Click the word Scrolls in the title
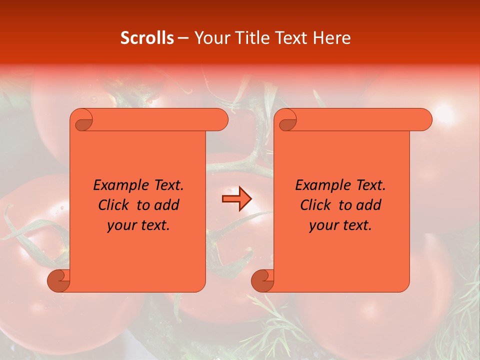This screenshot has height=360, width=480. (x=147, y=38)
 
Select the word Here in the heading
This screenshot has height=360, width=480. (x=332, y=38)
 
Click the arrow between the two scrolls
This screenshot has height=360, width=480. (x=236, y=199)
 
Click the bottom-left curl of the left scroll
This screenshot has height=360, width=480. (x=58, y=280)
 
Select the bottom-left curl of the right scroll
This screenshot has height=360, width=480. (x=262, y=280)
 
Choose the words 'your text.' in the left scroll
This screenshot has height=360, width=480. (x=138, y=225)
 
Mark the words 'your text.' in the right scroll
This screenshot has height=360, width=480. (x=340, y=225)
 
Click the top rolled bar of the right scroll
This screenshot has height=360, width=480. (x=360, y=120)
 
